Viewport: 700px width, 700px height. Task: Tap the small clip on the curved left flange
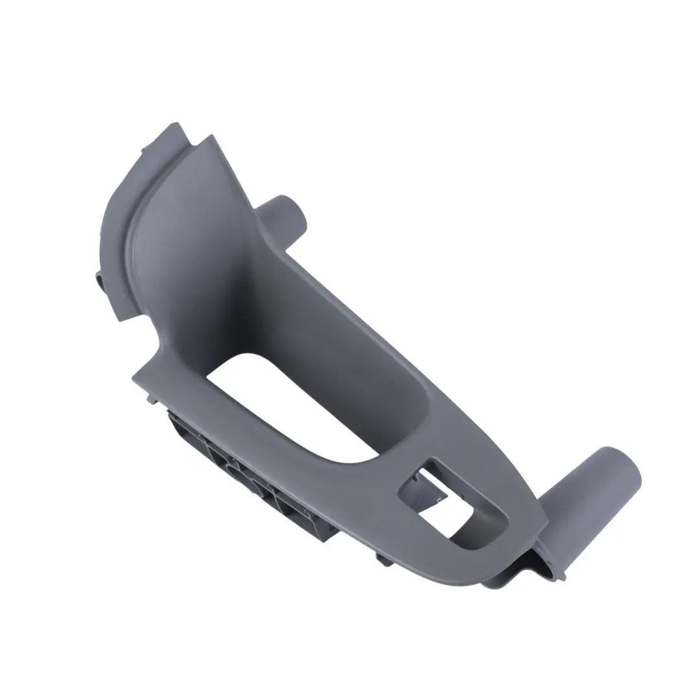pyautogui.click(x=100, y=281)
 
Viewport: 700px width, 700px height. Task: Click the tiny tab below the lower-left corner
pyautogui.click(x=152, y=401)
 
